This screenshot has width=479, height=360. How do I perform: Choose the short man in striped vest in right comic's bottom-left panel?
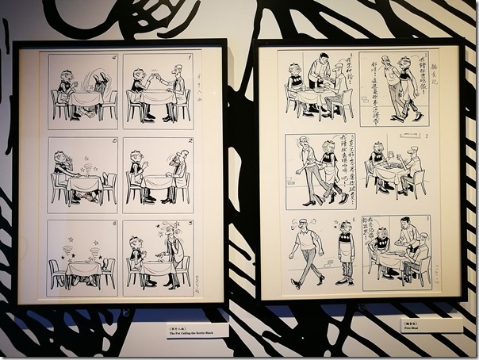click(x=344, y=255)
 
